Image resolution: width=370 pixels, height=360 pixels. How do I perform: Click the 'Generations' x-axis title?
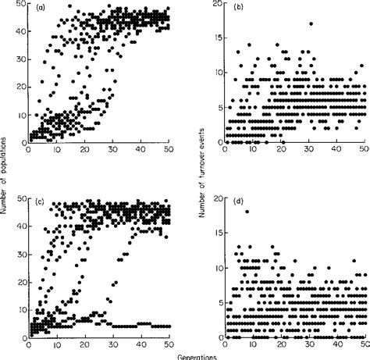185,355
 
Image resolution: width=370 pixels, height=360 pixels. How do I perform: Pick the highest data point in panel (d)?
247,212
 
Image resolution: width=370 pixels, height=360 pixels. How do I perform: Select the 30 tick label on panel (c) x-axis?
112,346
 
